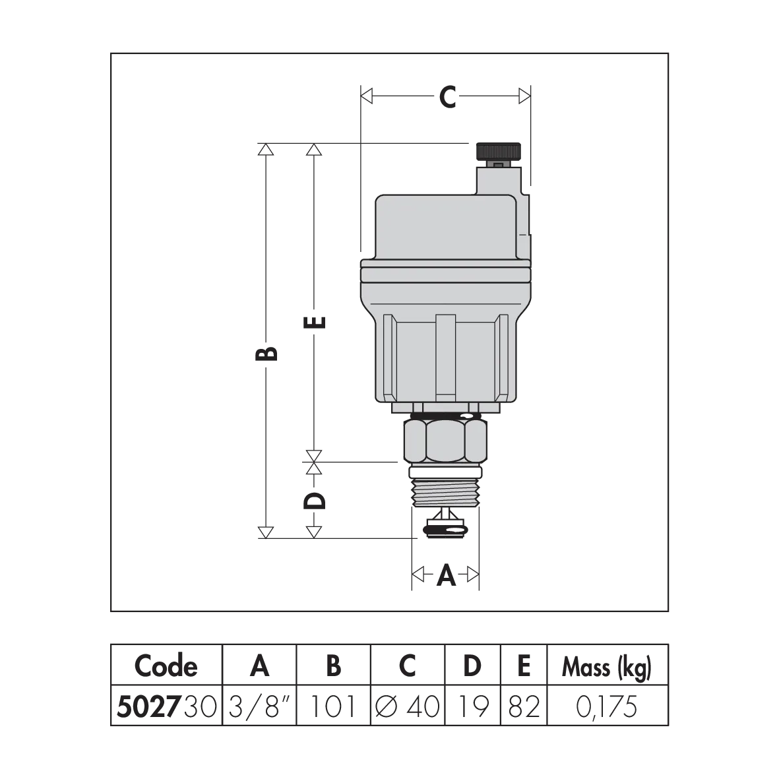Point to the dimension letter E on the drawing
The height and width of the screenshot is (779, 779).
pyautogui.click(x=314, y=323)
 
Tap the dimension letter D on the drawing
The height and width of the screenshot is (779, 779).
pyautogui.click(x=314, y=501)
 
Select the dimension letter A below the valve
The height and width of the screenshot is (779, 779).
pyautogui.click(x=446, y=576)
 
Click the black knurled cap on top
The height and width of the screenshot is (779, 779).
pyautogui.click(x=498, y=152)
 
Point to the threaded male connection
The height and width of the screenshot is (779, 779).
pyautogui.click(x=445, y=489)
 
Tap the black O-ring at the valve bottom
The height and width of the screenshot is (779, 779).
pyautogui.click(x=446, y=532)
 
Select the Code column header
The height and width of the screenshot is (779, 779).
pyautogui.click(x=166, y=666)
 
